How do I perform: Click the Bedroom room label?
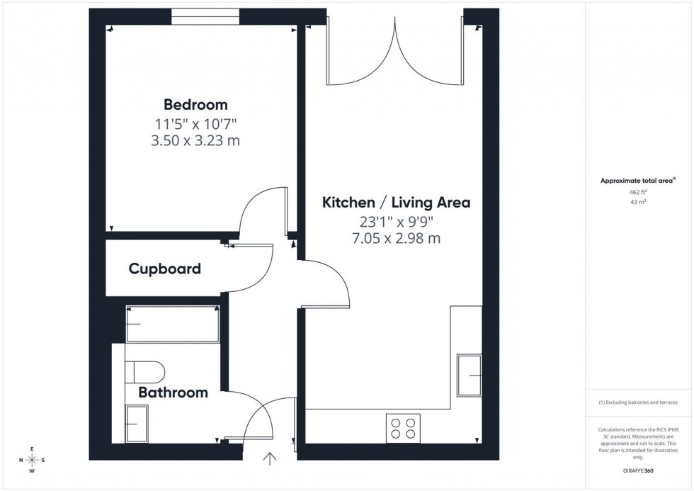[195, 105]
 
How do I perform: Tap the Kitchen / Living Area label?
[396, 203]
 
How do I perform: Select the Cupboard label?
[164, 269]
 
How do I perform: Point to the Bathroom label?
[173, 393]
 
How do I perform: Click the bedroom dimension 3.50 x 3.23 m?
[197, 140]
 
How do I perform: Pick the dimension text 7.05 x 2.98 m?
[396, 238]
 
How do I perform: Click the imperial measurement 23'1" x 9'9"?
[396, 220]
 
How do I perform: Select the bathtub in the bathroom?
[172, 324]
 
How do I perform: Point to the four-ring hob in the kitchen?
[403, 428]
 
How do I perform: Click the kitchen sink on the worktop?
[470, 375]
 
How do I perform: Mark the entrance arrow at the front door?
[270, 460]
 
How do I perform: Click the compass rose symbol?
[32, 460]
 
